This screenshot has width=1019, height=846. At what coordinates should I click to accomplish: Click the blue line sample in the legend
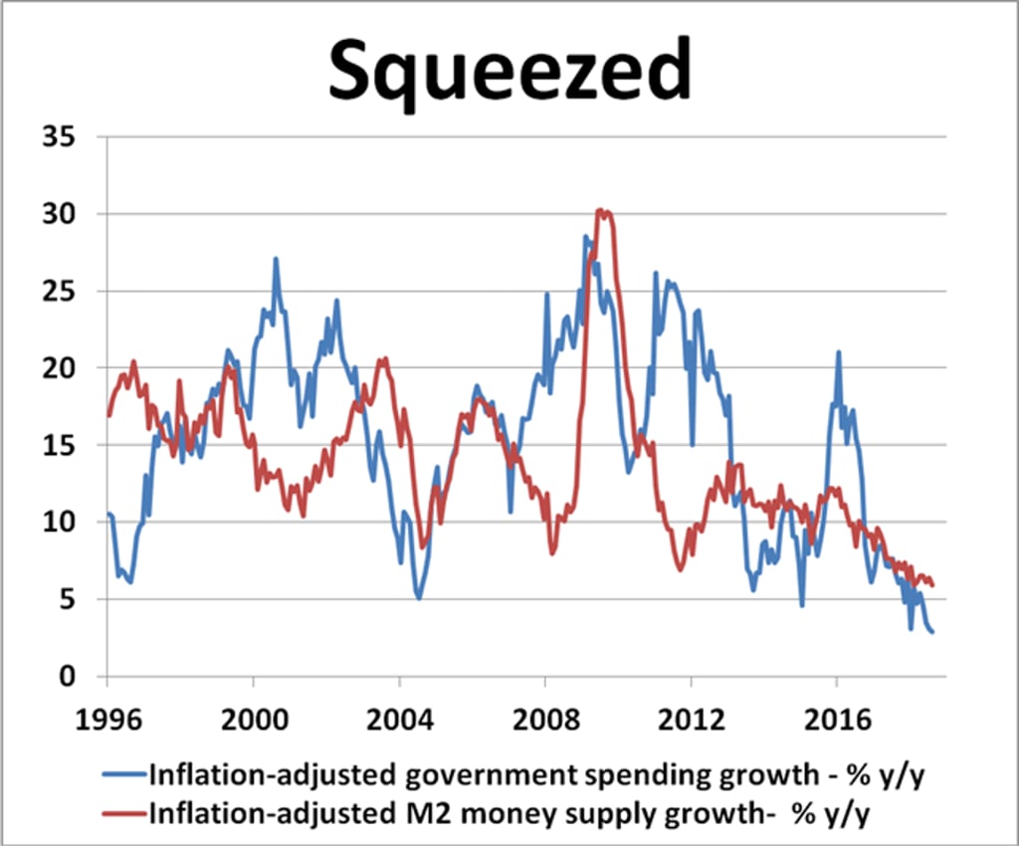tap(126, 774)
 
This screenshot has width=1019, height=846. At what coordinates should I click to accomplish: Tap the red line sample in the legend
tap(126, 812)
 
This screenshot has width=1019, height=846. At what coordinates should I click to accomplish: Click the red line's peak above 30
tap(602, 210)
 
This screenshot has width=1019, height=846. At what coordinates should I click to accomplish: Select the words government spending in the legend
tap(468, 774)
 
